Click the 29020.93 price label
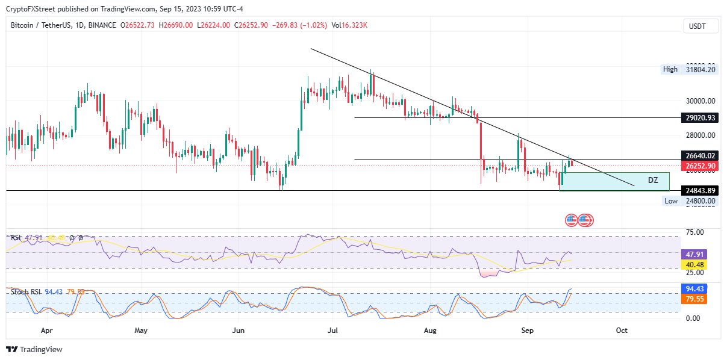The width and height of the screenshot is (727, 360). pos(700,118)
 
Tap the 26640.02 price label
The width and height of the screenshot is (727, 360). pos(700,155)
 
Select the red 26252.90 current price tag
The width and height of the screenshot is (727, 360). pos(700,166)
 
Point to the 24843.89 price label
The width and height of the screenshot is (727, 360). pos(700,191)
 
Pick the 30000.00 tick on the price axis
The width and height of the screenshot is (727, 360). pos(700,101)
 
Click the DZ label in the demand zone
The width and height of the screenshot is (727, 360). pos(653,180)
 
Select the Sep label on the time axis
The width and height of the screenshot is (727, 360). pos(527,331)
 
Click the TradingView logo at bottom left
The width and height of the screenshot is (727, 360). pos(35,350)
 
